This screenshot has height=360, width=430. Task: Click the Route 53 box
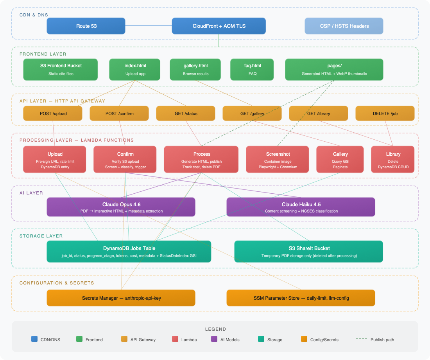click(x=86, y=26)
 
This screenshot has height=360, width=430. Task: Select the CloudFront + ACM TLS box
click(x=219, y=26)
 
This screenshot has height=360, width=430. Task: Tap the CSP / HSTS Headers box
click(x=344, y=26)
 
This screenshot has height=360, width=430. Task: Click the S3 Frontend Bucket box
click(x=61, y=69)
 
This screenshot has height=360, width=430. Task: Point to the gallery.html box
click(x=195, y=69)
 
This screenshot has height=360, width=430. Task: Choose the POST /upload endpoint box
click(x=53, y=113)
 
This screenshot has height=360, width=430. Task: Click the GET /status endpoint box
click(x=186, y=113)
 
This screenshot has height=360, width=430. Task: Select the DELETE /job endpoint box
click(x=385, y=113)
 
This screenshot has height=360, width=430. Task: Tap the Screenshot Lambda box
click(x=278, y=159)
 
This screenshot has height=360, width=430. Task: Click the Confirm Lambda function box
click(x=125, y=159)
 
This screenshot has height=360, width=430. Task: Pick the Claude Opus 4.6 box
click(x=121, y=207)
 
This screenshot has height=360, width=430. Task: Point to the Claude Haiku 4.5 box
click(x=301, y=207)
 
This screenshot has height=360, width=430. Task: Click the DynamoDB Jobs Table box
click(x=129, y=251)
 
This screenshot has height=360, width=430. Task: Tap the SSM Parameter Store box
click(x=301, y=298)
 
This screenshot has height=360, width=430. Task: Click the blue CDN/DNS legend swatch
click(x=34, y=339)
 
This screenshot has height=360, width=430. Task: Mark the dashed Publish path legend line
click(x=361, y=339)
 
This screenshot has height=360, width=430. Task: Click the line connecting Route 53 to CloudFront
click(x=149, y=26)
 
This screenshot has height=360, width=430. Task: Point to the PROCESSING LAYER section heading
click(x=77, y=140)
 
